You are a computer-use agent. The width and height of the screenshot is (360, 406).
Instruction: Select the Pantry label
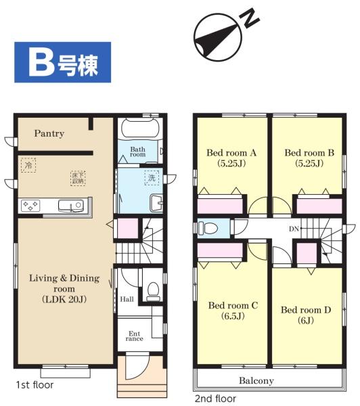coord(49,133)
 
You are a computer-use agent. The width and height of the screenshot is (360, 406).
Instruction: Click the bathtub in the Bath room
coord(140,128)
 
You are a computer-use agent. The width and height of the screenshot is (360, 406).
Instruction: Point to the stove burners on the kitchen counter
coord(30,205)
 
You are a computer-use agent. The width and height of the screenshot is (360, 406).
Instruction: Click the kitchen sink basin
coord(71,206)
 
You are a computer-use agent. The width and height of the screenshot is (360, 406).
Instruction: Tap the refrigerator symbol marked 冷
coord(28,165)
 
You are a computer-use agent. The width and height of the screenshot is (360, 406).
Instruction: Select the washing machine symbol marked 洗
coord(152,177)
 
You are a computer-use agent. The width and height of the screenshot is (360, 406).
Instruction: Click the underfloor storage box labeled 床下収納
coord(78,178)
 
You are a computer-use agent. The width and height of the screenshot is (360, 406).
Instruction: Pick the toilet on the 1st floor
coord(153,292)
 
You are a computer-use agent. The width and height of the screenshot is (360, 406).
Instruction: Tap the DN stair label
coord(294,229)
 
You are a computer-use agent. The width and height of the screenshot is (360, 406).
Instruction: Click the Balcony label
coord(256,380)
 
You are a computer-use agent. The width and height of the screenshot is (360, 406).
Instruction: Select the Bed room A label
coord(231,153)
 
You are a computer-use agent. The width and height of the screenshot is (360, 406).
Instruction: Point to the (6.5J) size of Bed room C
coord(233,316)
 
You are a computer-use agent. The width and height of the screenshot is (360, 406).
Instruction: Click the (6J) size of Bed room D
coord(306,321)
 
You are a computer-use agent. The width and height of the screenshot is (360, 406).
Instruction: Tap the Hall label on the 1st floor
coord(127,299)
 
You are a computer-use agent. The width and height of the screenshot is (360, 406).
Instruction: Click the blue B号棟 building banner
coord(63,62)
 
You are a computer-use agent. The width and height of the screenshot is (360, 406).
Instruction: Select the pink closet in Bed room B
coord(319,206)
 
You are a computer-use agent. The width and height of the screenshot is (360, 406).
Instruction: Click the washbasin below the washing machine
coord(156,203)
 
